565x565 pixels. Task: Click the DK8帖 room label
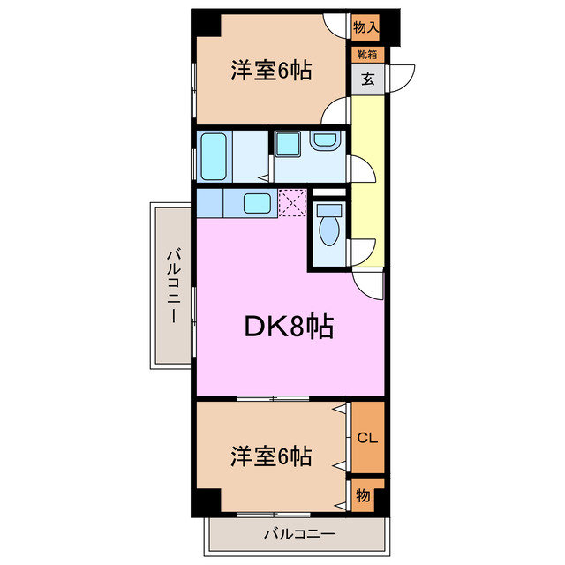point(288,328)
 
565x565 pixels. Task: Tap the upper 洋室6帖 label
point(271,72)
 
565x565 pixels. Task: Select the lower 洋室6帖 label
point(271,457)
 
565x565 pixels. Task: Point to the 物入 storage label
point(365,27)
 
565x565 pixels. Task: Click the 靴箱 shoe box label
point(365,55)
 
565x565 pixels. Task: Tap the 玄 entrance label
point(366,79)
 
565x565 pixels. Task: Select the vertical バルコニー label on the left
point(173,284)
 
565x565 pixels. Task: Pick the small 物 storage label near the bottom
point(364,496)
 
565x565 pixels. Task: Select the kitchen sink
point(257,203)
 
